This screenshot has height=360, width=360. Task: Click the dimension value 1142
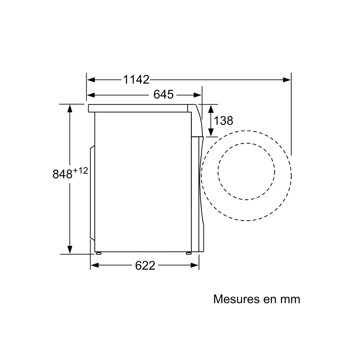coord(136,80)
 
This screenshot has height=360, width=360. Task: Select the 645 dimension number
coord(163,94)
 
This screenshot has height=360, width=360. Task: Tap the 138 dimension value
coord(223,121)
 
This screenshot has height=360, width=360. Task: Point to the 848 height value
coord(62,174)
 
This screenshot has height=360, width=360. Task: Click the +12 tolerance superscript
coord(80,171)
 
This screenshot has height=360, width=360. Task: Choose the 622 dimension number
coord(145,265)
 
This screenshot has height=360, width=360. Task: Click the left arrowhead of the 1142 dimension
coord(91,80)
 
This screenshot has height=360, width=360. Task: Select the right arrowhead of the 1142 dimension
coord(287,80)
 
